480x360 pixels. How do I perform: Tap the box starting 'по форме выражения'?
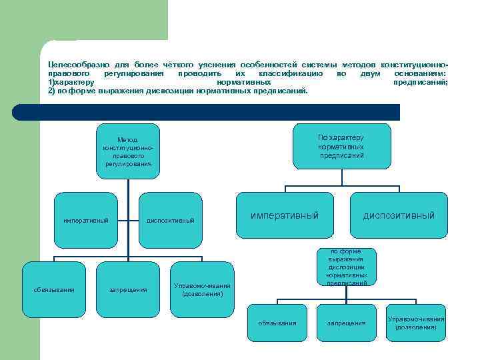[346, 267]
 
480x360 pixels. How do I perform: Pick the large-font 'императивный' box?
[285, 215]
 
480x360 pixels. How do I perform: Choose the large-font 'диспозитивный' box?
[399, 215]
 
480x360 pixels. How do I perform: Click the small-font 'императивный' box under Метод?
[86, 220]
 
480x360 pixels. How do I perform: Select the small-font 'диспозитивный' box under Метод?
[171, 220]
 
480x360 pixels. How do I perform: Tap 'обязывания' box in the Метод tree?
[54, 289]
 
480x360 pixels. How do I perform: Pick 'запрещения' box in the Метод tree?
[128, 289]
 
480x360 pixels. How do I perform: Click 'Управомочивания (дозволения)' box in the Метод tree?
[202, 289]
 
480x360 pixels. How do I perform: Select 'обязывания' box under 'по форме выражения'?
[277, 323]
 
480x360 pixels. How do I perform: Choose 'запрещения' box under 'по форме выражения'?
[346, 323]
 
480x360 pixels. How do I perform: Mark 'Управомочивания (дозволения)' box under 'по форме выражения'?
[416, 323]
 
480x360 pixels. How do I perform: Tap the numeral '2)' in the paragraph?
[52, 91]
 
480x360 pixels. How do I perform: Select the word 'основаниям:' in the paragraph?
[421, 72]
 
